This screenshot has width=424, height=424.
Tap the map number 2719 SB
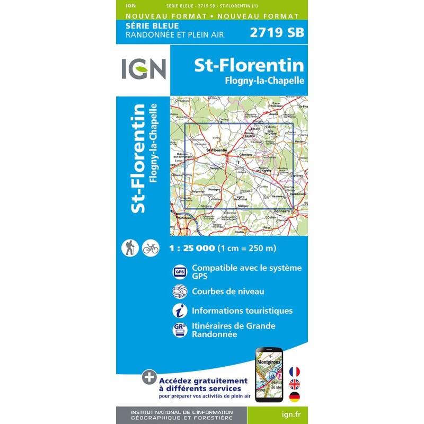coord(276,32)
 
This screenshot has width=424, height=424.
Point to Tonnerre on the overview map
coord(283,211)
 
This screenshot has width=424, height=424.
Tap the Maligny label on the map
coord(243,205)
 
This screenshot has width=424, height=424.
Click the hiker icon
coord(130,248)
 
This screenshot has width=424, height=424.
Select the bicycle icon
coord(151,248)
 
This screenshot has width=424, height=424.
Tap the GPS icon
coord(180,272)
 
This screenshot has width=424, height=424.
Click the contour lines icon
coord(180,292)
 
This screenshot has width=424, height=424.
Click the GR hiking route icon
coord(180,329)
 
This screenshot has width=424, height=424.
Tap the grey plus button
coord(150,378)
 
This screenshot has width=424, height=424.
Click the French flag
coord(295,371)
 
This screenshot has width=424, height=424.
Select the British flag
coord(295,384)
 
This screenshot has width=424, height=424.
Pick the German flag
coord(295,397)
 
